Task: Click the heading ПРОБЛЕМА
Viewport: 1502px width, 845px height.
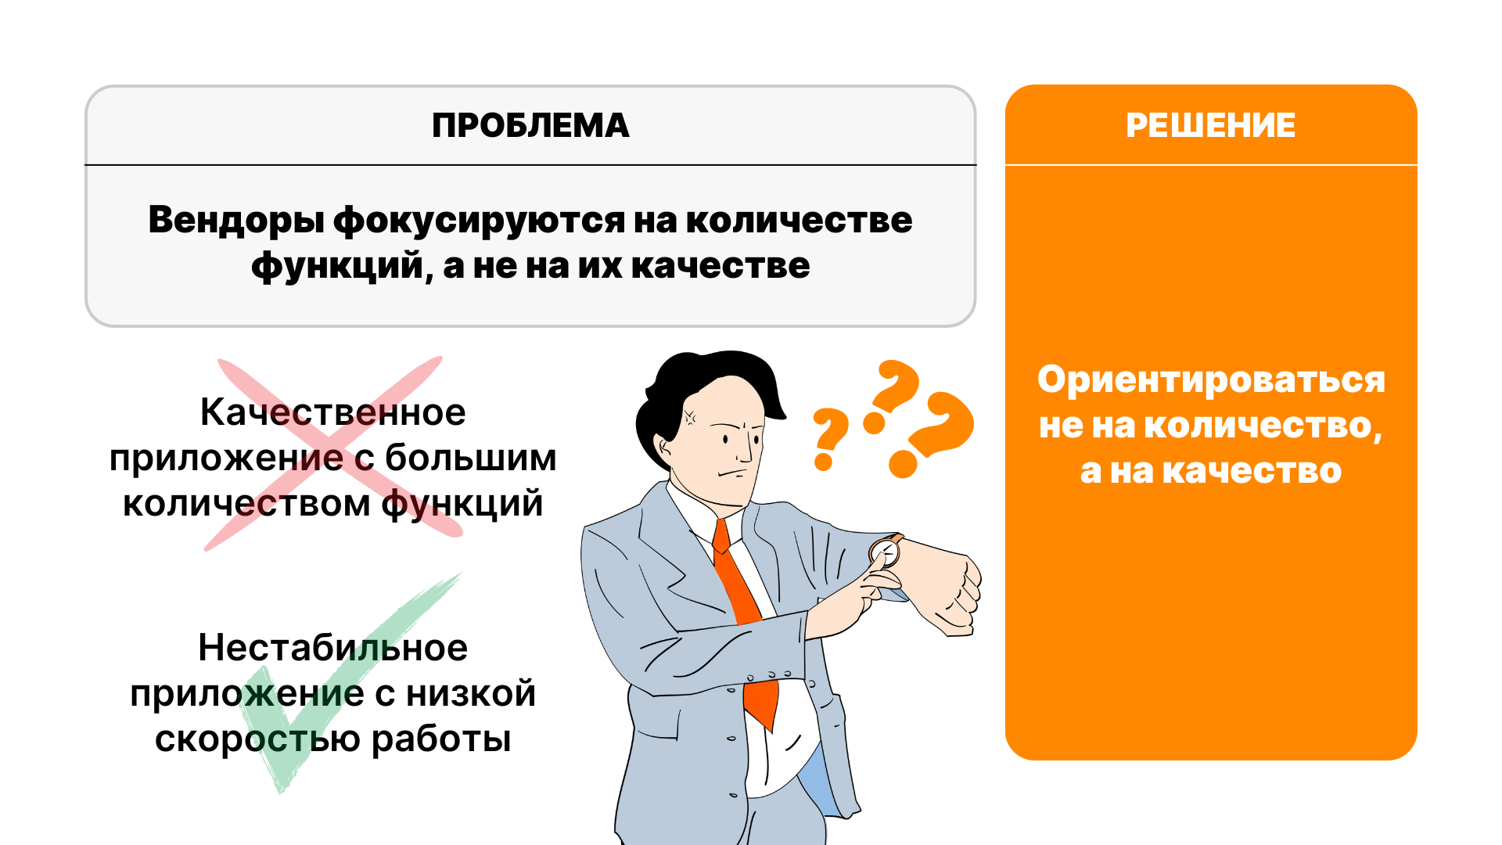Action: pyautogui.click(x=530, y=125)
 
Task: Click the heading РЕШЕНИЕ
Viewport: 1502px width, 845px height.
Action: pyautogui.click(x=1210, y=125)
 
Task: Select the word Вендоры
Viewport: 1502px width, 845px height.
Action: pyautogui.click(x=235, y=220)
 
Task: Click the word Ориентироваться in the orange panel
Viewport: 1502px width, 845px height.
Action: pyautogui.click(x=1211, y=380)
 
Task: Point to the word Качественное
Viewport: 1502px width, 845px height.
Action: pyautogui.click(x=332, y=412)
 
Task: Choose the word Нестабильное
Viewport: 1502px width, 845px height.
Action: pyautogui.click(x=332, y=648)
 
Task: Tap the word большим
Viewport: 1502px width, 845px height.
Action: pyautogui.click(x=470, y=458)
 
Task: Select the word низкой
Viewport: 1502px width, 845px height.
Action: pyautogui.click(x=470, y=693)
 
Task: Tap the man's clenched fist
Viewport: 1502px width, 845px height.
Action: pyautogui.click(x=950, y=587)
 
